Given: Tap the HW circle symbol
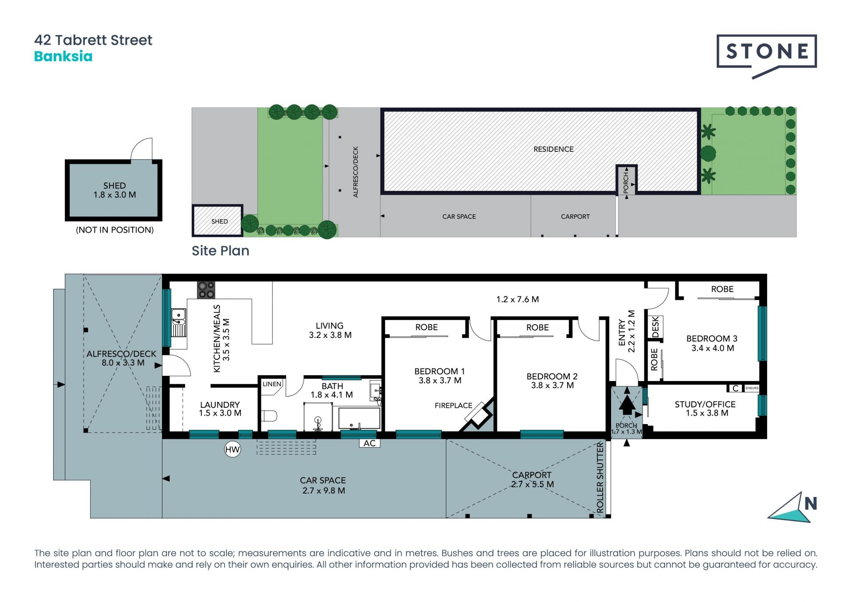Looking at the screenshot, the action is [232, 449].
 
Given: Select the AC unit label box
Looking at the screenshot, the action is [369, 443].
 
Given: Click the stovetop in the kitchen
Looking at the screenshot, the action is [206, 290].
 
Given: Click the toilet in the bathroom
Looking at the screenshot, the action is [269, 416].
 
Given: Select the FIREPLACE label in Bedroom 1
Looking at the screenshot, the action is [453, 405].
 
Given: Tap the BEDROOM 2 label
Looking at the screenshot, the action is [552, 376].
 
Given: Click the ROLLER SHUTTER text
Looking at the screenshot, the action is [600, 478].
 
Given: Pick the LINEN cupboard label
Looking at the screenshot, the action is [272, 384].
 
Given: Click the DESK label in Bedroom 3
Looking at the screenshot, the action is [655, 327].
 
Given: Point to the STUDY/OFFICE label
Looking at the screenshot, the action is [705, 404].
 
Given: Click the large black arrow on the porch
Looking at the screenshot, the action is [627, 405].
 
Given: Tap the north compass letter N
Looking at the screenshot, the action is [810, 504].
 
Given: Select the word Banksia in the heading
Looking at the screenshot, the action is [63, 56].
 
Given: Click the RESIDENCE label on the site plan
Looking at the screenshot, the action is [553, 149].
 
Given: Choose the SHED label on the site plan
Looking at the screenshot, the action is [219, 221].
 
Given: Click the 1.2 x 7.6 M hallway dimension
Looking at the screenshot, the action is [517, 299].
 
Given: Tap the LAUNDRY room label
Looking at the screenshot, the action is [220, 405].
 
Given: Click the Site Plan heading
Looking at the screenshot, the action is [220, 251].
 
